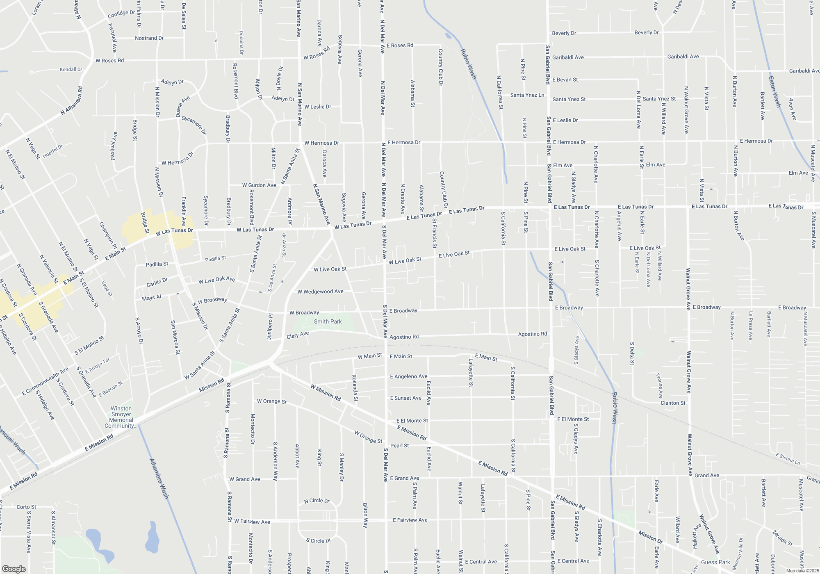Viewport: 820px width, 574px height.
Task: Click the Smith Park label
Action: tap(328, 321)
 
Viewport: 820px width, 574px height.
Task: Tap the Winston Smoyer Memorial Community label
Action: tap(121, 417)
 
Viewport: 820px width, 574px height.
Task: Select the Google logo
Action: tap(14, 569)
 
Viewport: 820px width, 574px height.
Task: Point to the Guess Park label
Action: tap(715, 562)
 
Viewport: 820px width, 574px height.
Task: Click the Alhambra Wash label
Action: tap(159, 478)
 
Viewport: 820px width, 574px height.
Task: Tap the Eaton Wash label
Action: tap(774, 92)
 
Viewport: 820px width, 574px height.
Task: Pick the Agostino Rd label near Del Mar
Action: tap(404, 337)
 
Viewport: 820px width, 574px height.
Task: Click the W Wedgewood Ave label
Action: tap(320, 292)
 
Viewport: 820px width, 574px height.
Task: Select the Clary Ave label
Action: tap(298, 335)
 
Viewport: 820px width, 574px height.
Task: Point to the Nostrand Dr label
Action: tap(149, 38)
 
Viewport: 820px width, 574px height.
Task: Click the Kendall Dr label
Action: tap(71, 70)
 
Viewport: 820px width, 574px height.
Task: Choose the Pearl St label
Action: tap(399, 445)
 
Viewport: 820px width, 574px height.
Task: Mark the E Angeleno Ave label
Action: tap(408, 376)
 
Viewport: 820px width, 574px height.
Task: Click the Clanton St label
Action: tap(673, 403)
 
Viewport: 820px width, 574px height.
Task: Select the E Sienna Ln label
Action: tap(788, 458)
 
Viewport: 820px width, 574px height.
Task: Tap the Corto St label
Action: tap(26, 507)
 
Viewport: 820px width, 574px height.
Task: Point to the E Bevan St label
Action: tap(565, 80)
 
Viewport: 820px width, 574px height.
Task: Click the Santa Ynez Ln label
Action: tap(527, 95)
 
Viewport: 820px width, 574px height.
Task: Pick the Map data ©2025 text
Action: tap(802, 571)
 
